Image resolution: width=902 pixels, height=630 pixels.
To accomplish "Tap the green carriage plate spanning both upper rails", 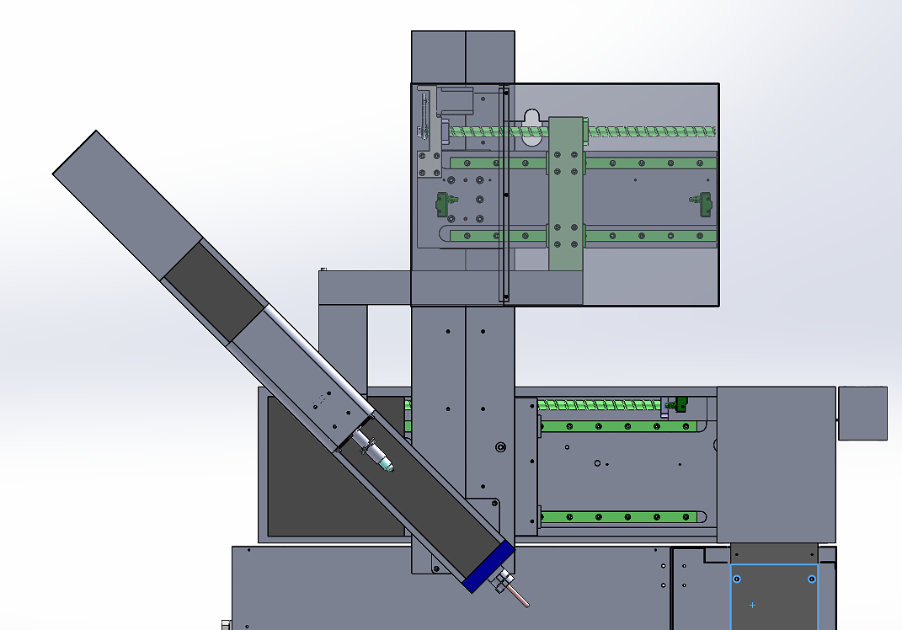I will (x=565, y=194).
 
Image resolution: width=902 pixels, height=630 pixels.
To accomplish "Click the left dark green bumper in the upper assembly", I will (x=441, y=203).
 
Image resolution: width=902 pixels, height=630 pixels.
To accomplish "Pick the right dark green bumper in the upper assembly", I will (x=702, y=202).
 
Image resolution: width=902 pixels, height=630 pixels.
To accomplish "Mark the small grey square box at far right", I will (x=863, y=413).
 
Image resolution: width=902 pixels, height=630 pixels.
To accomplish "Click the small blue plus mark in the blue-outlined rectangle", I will (x=752, y=605).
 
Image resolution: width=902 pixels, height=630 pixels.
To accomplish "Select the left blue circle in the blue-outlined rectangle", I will (x=737, y=579).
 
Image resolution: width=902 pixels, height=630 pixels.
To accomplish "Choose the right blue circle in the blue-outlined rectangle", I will (x=811, y=579).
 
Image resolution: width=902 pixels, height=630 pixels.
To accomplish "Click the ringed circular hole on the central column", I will (x=500, y=446).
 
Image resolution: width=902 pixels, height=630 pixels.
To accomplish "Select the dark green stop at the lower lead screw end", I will (x=675, y=406).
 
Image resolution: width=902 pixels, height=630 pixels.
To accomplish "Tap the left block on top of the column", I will (x=438, y=56).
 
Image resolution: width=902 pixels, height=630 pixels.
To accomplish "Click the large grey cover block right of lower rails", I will (x=775, y=463).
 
